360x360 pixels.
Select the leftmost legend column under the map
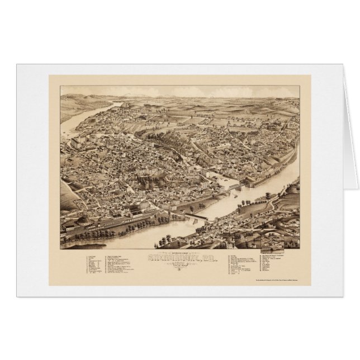click(95, 266)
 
